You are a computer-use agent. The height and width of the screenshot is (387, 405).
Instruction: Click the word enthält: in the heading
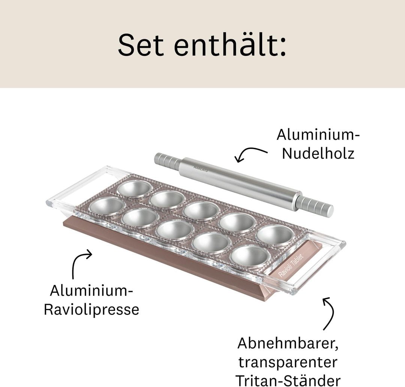coord(230,45)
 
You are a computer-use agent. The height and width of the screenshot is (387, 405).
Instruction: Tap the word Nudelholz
coord(318,153)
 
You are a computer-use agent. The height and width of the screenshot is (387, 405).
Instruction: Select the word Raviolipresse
coord(91,310)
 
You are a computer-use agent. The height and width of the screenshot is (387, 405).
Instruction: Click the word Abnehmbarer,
coord(288,343)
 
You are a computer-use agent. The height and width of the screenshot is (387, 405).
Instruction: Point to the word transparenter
coord(288,362)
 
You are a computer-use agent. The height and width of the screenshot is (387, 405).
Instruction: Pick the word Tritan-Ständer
coord(288,379)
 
